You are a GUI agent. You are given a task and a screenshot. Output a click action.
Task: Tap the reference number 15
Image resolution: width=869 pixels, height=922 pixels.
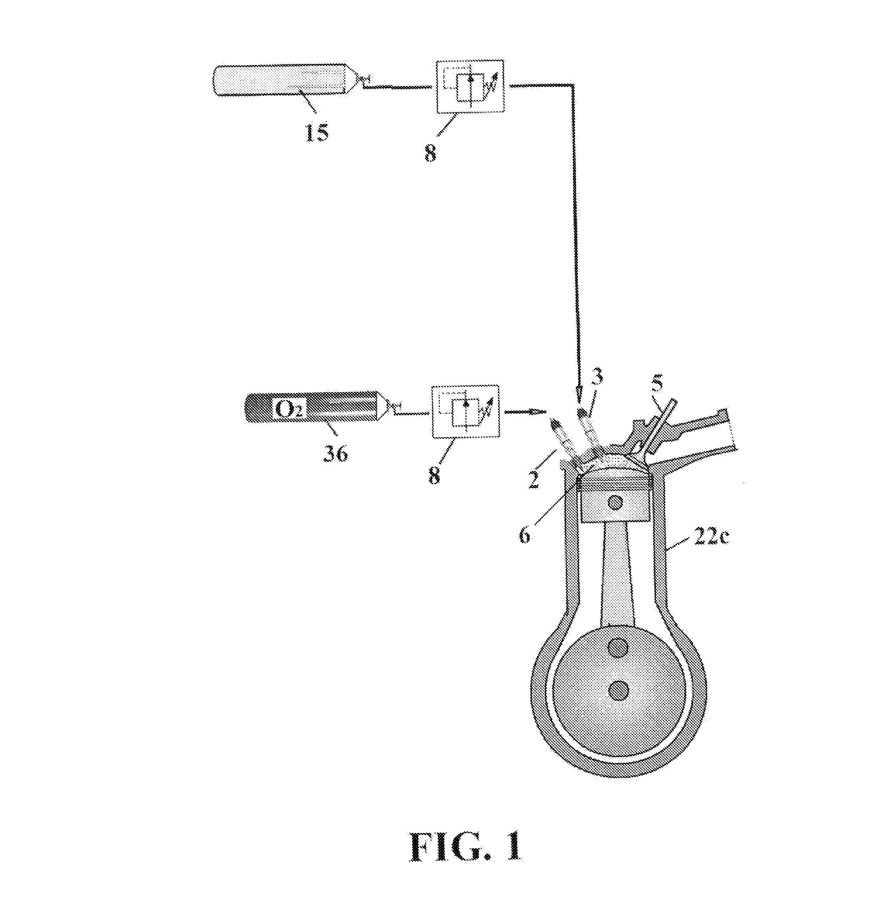pos(316,133)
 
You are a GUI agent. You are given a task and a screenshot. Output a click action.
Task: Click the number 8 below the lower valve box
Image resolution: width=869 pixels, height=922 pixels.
pos(434,475)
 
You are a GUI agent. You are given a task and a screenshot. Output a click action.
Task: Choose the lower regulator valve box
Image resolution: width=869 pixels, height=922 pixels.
pos(466,412)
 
